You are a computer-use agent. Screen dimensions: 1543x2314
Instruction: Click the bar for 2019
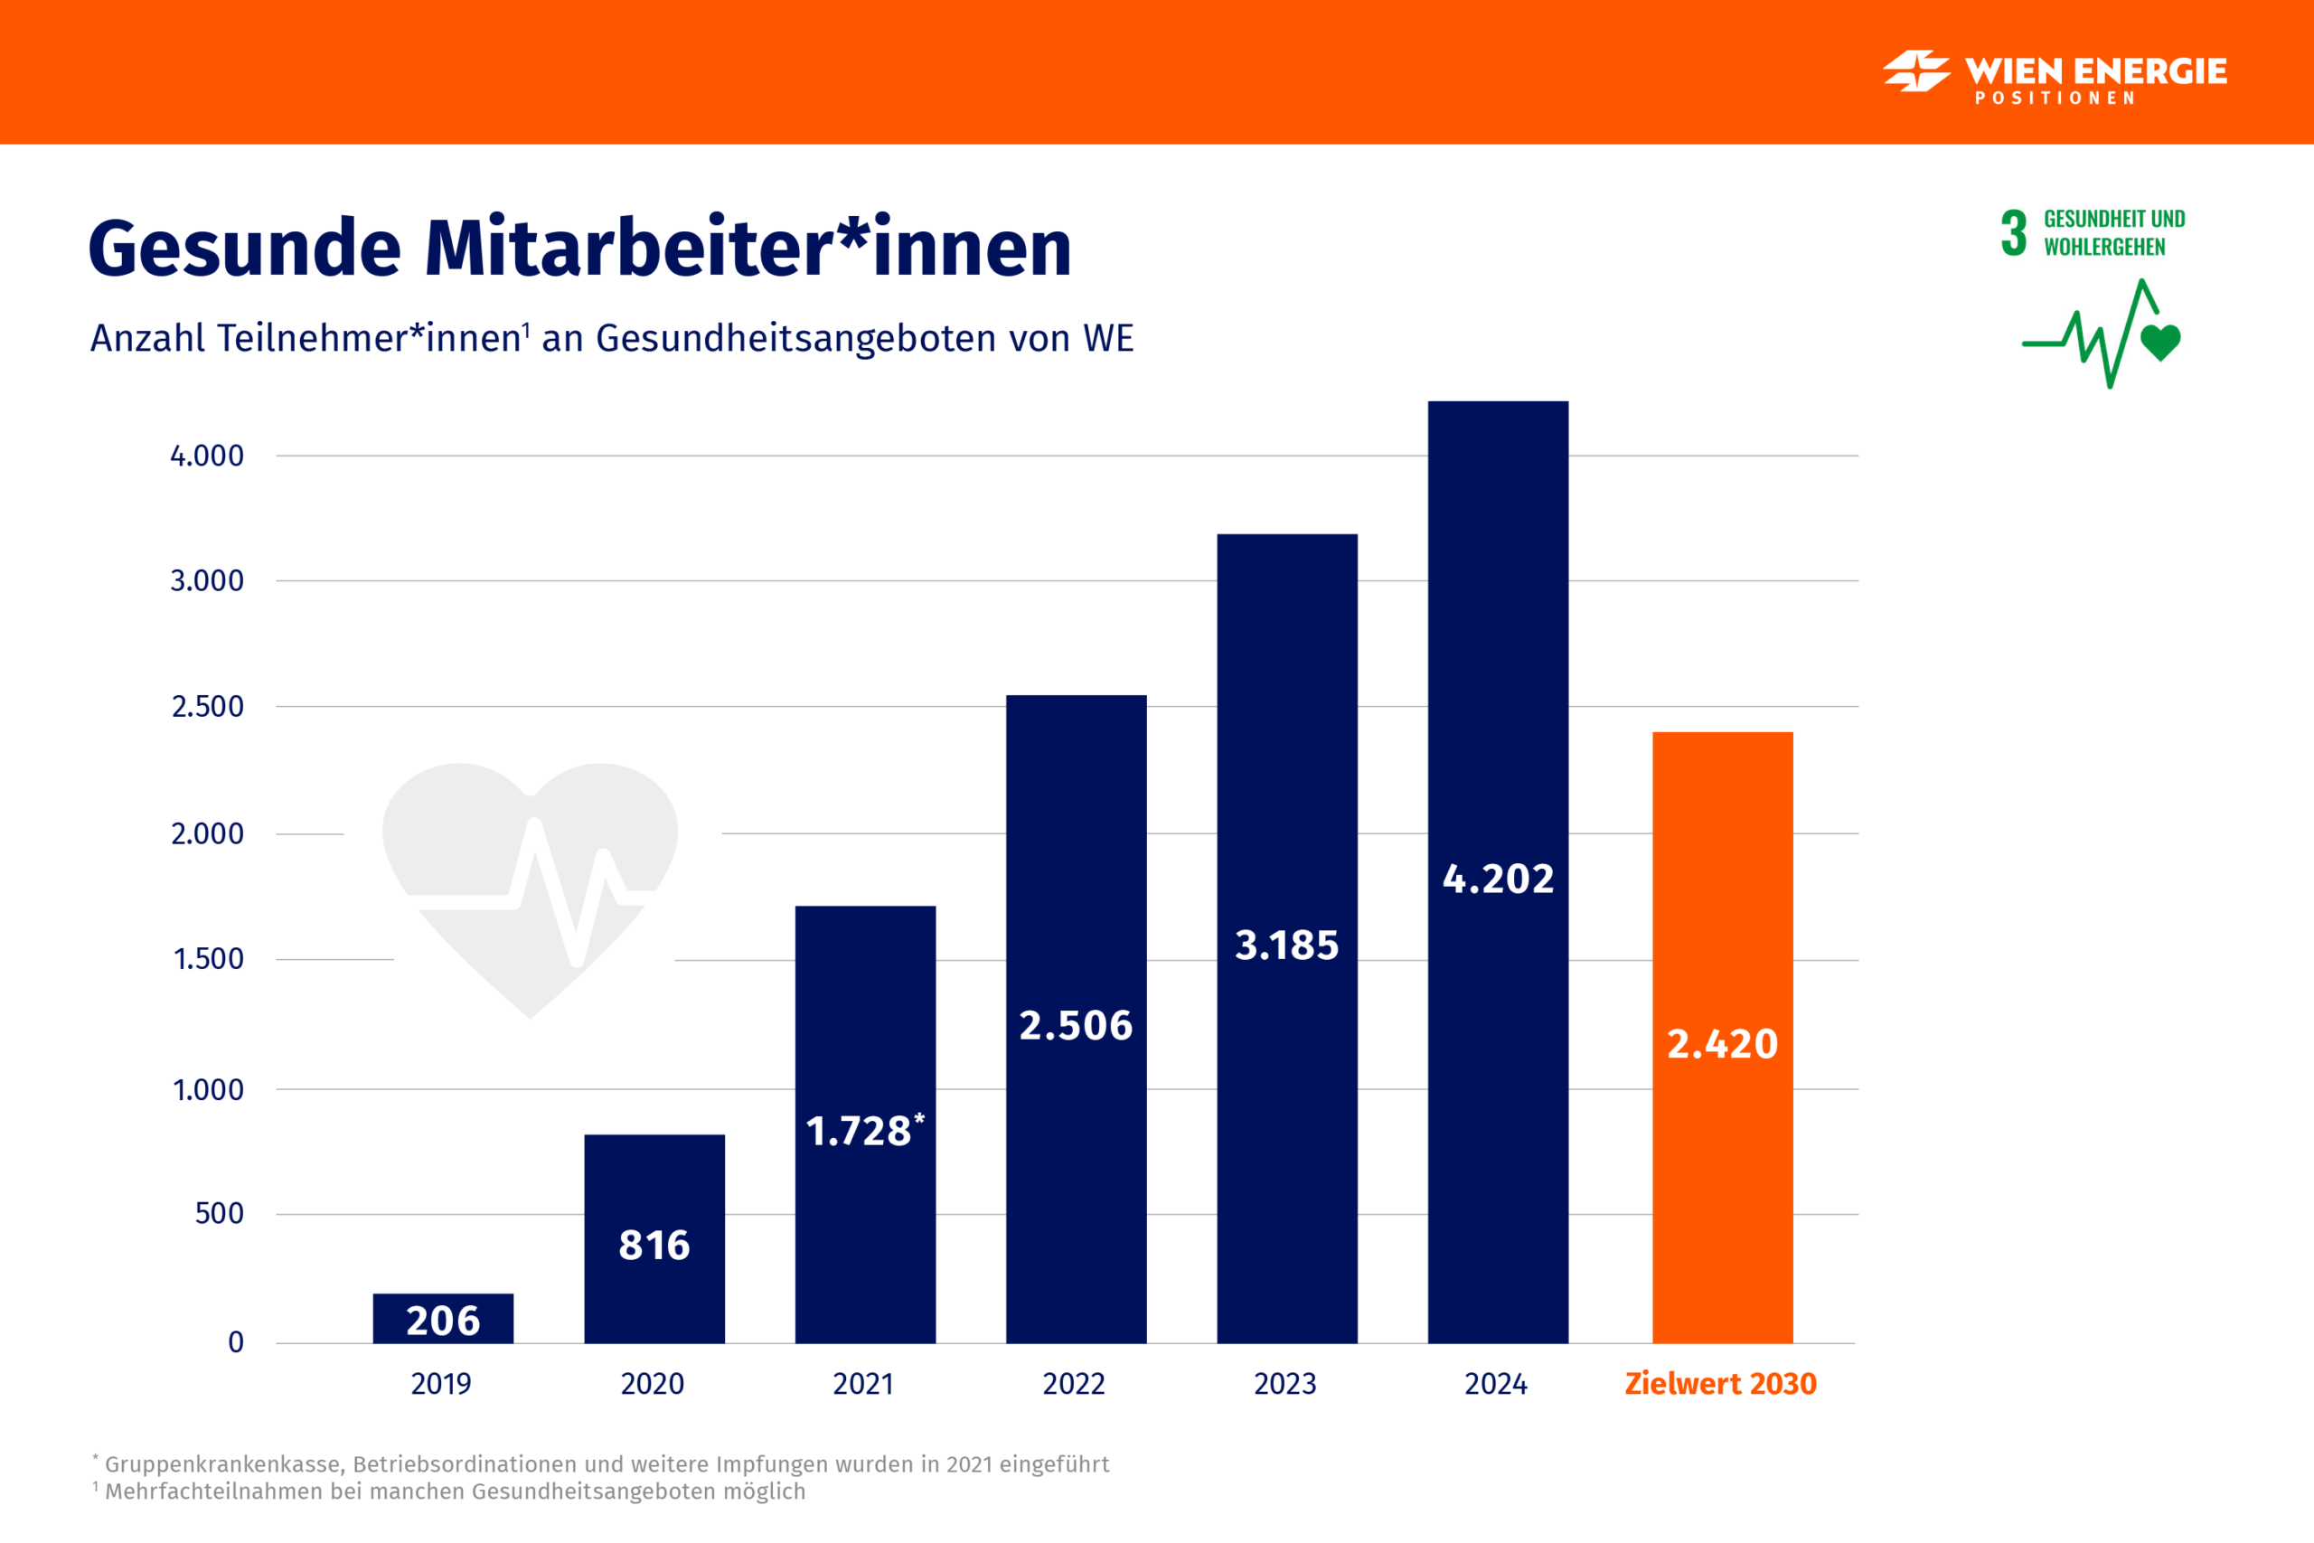443,1318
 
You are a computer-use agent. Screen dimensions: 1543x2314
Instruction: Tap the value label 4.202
1498,879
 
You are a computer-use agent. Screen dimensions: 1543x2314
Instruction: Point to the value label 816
654,1245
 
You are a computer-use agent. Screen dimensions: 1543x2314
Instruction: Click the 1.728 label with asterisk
865,1131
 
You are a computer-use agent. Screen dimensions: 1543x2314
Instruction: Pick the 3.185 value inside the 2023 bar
1287,945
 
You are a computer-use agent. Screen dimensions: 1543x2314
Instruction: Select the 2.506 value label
1076,1025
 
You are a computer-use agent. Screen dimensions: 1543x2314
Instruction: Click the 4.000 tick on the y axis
207,456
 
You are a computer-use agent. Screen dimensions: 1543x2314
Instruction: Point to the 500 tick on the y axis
219,1213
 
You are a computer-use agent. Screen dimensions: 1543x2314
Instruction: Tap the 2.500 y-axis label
208,707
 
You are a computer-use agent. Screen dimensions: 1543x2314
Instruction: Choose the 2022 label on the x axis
1073,1384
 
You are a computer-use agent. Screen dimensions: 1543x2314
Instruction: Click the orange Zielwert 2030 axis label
1720,1384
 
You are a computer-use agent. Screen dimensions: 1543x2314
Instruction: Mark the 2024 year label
1495,1384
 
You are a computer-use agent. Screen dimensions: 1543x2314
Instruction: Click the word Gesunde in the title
244,248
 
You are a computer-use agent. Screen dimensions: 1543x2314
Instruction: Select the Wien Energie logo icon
1915,71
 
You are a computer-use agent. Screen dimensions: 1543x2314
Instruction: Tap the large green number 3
2013,233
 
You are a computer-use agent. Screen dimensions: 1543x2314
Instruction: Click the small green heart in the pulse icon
2160,342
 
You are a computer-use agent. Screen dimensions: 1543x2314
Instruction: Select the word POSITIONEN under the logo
2055,99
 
